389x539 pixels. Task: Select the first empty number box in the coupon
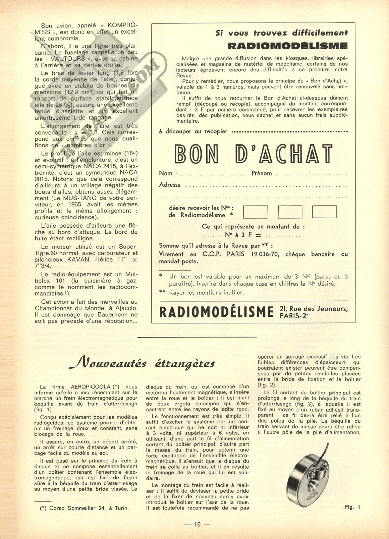[255, 212]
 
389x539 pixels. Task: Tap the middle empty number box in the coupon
[290, 212]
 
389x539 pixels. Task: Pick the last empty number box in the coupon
[324, 212]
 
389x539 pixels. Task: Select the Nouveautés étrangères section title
[142, 363]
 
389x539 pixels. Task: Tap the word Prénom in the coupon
[262, 173]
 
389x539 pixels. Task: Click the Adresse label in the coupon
[170, 185]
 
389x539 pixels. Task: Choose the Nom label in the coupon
[166, 173]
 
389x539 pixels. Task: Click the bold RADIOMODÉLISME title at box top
[287, 46]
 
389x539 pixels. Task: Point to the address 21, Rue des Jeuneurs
[313, 309]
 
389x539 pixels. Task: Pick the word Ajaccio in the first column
[123, 308]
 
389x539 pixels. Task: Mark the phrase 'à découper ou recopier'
[193, 131]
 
